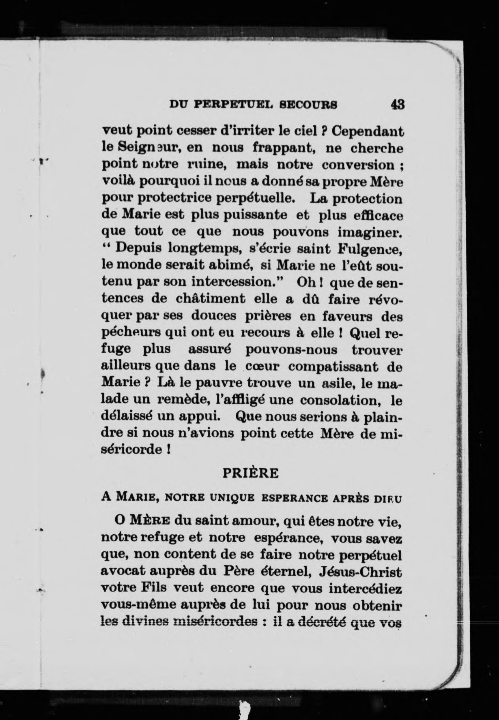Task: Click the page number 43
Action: [397, 105]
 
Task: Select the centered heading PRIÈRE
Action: [251, 473]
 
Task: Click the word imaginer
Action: [370, 232]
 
